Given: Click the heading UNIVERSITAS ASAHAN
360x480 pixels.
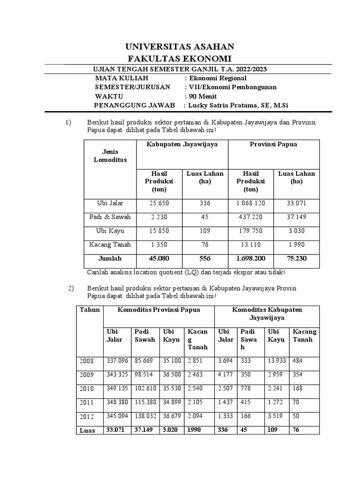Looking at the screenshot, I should [180, 46].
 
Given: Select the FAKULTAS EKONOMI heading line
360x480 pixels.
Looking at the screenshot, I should [180, 58].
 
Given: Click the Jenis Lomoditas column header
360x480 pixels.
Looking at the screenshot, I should [110, 156].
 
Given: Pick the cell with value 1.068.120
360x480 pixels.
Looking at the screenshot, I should [250, 203].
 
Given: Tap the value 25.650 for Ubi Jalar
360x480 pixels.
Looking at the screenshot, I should [159, 203].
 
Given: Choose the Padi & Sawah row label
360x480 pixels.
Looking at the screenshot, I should [110, 217].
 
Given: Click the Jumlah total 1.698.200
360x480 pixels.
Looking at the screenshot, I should [250, 258].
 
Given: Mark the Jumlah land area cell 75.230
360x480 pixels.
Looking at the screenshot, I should [296, 258].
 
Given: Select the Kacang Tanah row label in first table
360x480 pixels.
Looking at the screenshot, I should [110, 245].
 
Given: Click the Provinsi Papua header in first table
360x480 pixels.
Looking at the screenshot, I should [273, 144].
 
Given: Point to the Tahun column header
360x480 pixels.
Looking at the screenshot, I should [90, 310].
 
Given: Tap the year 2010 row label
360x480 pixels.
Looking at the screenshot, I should [87, 389].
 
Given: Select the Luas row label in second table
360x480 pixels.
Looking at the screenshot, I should [88, 430].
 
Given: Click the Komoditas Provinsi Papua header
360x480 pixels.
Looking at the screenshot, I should [159, 310].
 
